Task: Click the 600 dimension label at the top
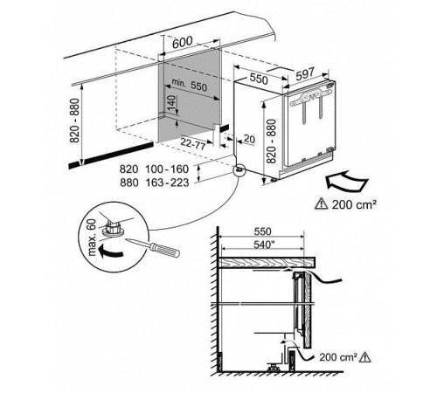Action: (x=183, y=43)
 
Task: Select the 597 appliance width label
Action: (x=305, y=74)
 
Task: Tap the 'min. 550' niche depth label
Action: (x=190, y=85)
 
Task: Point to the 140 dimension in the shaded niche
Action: (x=172, y=104)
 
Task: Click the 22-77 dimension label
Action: (x=193, y=143)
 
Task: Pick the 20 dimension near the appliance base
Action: (x=249, y=139)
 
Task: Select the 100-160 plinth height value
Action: (x=167, y=169)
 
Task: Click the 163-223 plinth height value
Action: (x=167, y=183)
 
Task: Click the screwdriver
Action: (x=153, y=248)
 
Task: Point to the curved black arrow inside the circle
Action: (x=109, y=252)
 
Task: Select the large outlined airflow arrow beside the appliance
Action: (x=346, y=181)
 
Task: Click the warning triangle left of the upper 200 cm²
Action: (x=321, y=203)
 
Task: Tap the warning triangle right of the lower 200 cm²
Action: (x=364, y=357)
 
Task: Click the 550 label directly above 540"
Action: (x=263, y=231)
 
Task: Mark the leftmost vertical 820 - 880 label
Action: (x=74, y=121)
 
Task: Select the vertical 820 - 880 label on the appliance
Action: (x=271, y=141)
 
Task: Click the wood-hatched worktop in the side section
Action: (x=267, y=262)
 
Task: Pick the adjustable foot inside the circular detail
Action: (x=112, y=229)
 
